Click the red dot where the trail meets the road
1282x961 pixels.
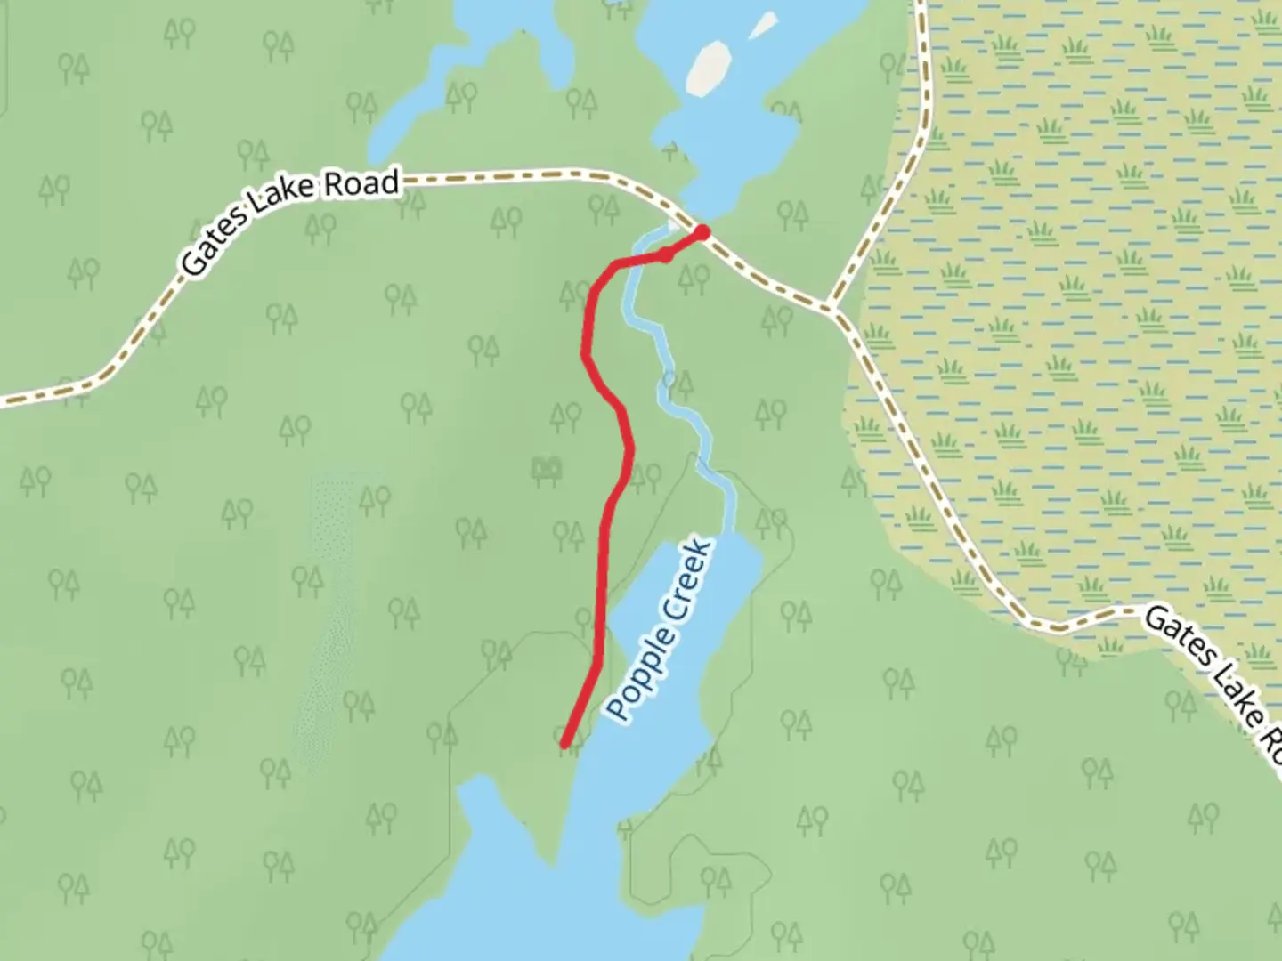coord(702,233)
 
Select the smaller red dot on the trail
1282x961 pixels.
coord(664,256)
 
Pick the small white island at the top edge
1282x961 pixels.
coord(763,25)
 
